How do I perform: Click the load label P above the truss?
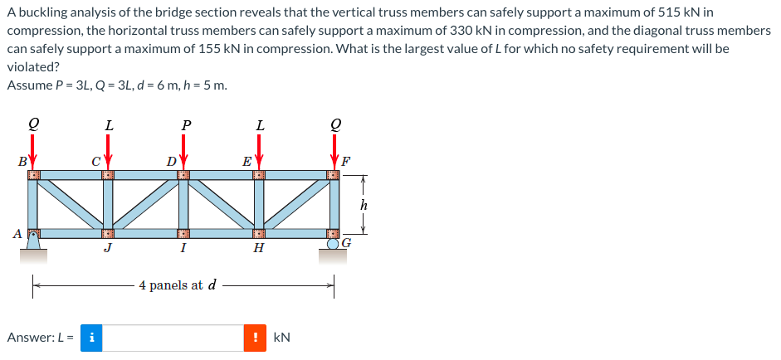coord(186,124)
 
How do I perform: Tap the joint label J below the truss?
coord(108,247)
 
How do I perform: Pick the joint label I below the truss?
coord(183,247)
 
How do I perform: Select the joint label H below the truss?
coord(258,247)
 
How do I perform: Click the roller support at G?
coord(333,244)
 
